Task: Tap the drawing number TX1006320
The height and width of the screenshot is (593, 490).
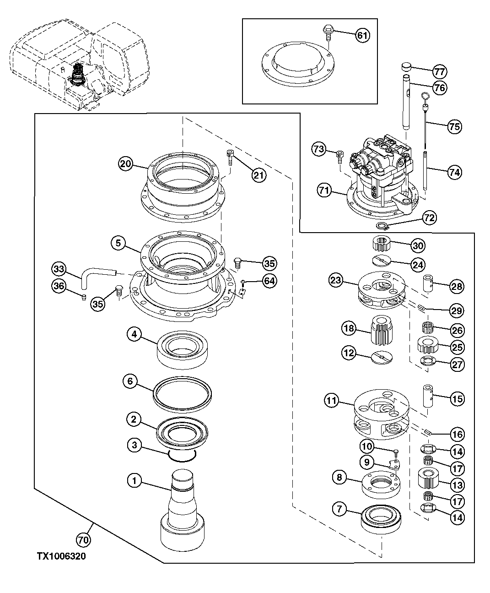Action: pos(61,556)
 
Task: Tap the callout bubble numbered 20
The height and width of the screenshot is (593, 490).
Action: pos(126,163)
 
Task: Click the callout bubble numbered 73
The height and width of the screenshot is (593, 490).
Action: pos(320,149)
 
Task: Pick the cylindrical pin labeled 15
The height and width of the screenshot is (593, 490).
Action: pos(429,395)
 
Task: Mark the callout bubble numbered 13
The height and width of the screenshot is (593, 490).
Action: pos(457,485)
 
